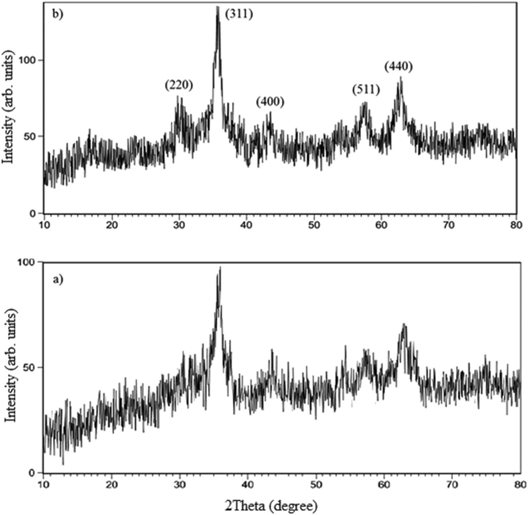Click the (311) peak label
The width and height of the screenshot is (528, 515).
coord(239,14)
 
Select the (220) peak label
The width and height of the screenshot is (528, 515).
coord(179,85)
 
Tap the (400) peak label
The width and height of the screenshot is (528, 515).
coord(270,102)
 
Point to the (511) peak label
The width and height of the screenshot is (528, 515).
coord(366,90)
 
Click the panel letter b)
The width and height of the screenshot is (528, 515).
coord(57,16)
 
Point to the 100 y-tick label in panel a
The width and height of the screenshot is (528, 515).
coord(30,262)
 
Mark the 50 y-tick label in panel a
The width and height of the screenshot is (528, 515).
coord(32,367)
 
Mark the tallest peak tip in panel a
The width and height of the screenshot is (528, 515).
coord(220,268)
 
